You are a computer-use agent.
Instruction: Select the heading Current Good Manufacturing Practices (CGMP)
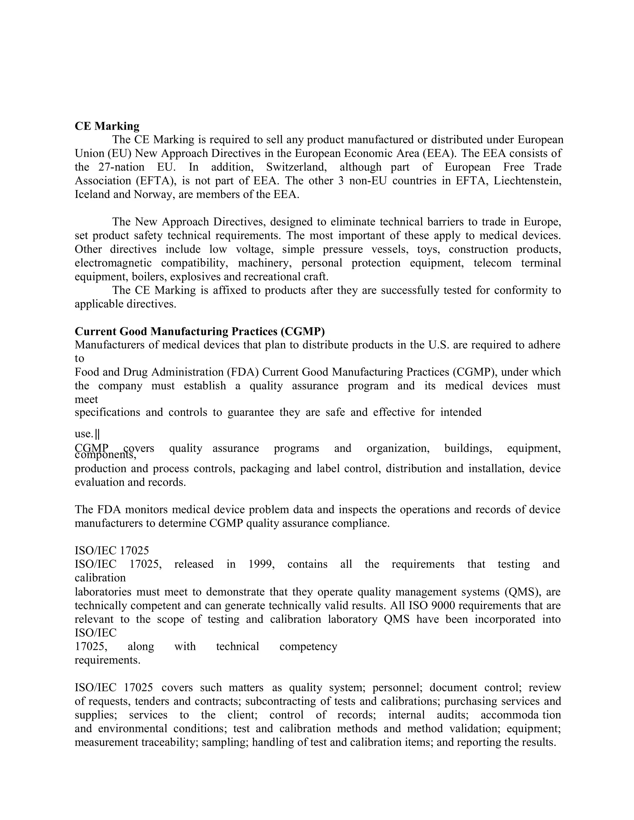(x=199, y=331)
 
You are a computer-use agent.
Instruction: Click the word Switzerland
(x=296, y=167)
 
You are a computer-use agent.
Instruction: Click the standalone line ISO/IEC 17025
(x=112, y=550)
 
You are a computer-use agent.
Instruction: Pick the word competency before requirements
(x=308, y=646)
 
